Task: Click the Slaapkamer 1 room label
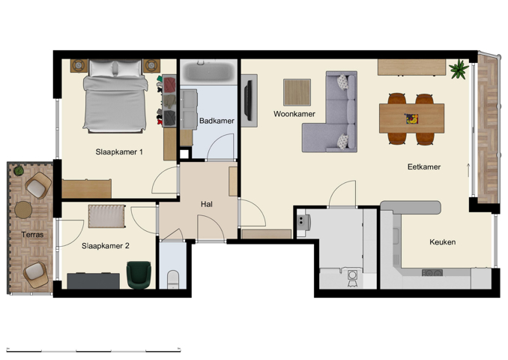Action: (x=119, y=152)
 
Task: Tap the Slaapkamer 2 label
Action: (x=106, y=245)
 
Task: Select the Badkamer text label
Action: (x=217, y=121)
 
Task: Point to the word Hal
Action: (x=208, y=204)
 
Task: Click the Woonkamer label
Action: (x=294, y=114)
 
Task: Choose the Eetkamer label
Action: (x=423, y=167)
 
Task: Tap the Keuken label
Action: (x=442, y=242)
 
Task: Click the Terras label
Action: (x=32, y=235)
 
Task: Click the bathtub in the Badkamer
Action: (x=208, y=73)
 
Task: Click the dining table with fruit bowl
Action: (x=411, y=118)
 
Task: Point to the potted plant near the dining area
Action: (x=458, y=70)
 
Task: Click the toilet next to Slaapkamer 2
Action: (x=173, y=280)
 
